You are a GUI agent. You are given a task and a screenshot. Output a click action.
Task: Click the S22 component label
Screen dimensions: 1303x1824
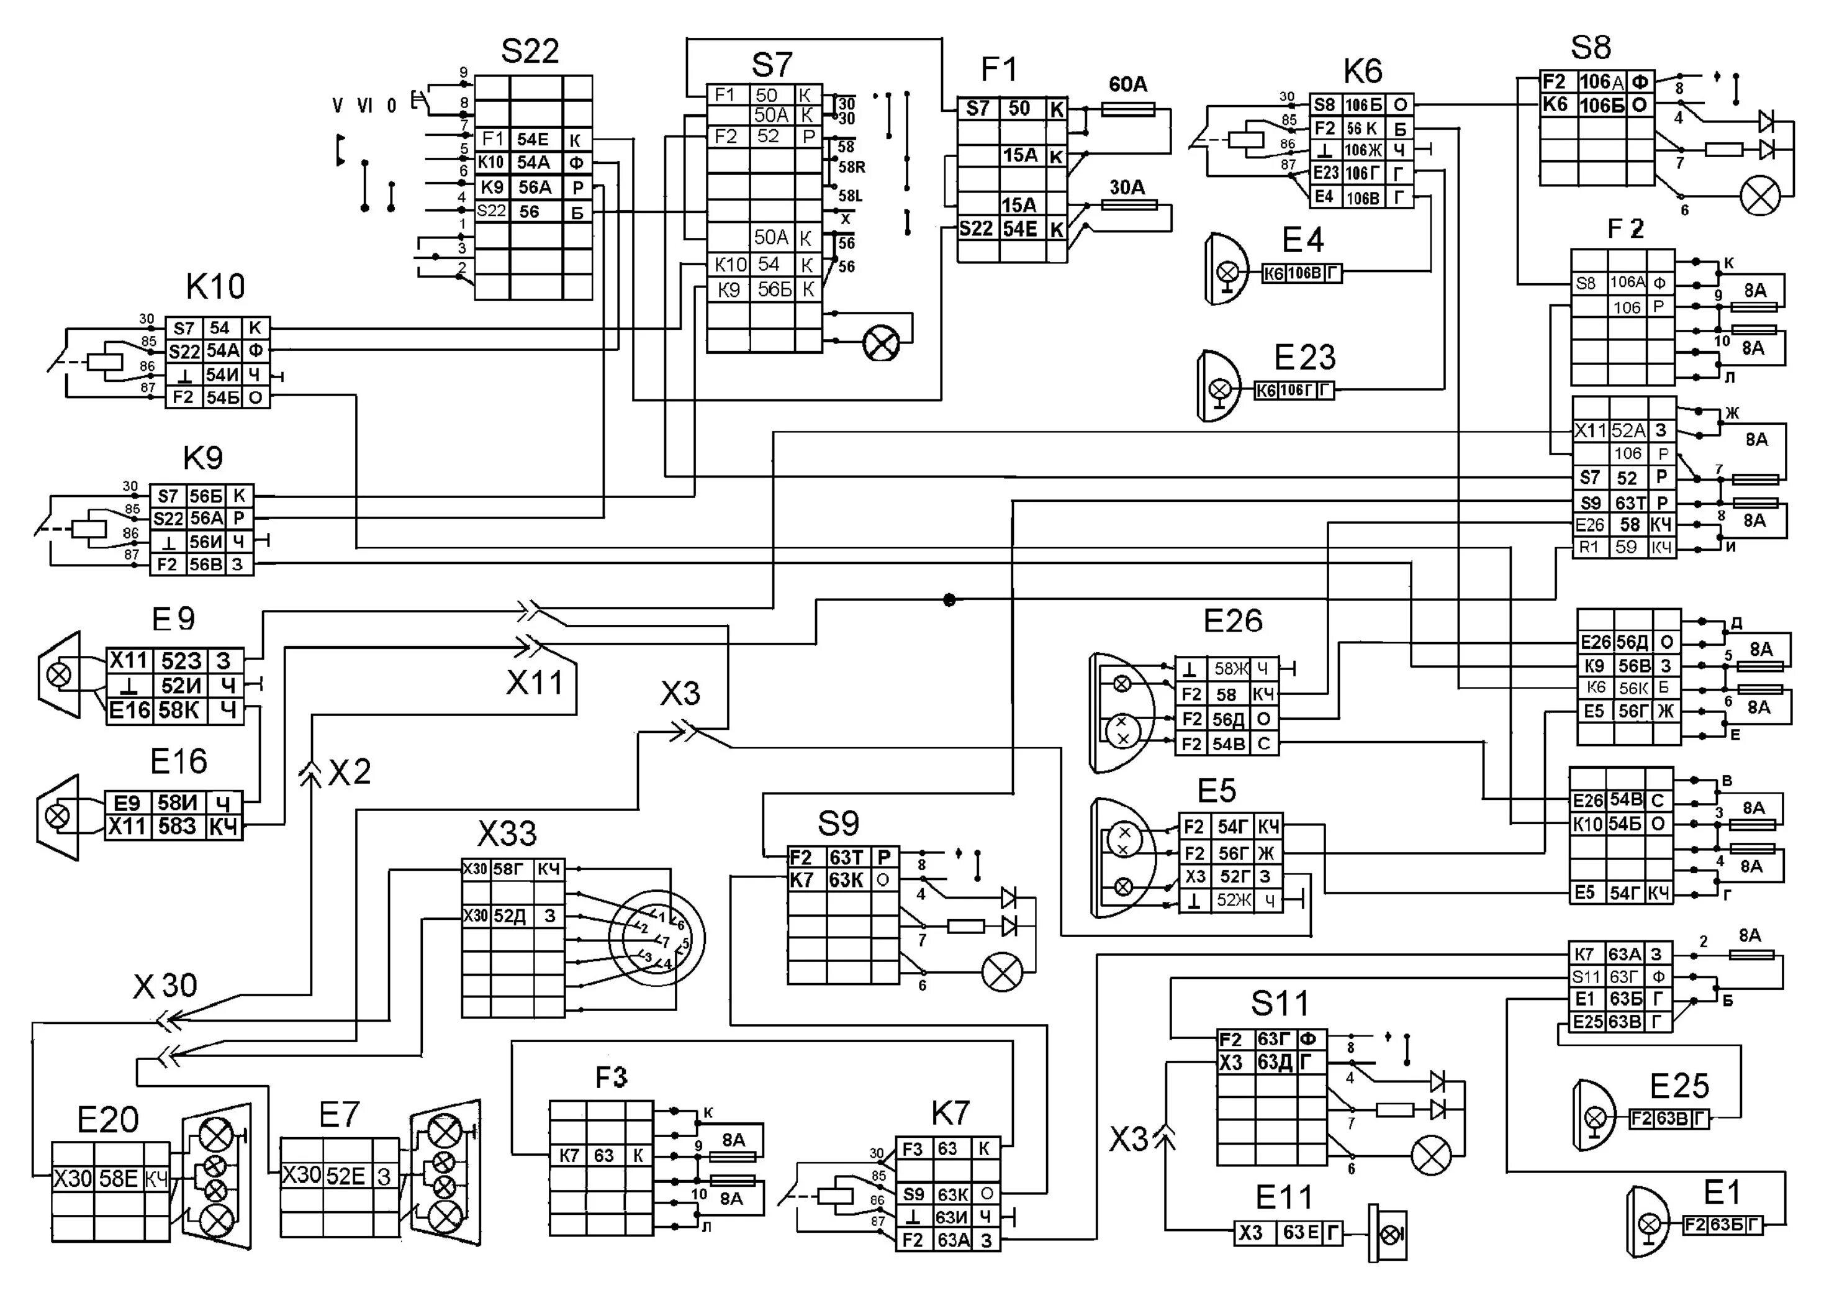click(x=530, y=52)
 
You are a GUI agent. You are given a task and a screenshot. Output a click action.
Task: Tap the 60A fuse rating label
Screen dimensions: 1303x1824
click(x=1128, y=84)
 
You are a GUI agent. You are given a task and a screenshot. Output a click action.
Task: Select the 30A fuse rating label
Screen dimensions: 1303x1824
click(x=1127, y=187)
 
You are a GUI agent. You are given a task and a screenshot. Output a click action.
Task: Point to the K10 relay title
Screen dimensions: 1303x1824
click(x=215, y=286)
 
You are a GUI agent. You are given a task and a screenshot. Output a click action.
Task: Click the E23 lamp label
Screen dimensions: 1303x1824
click(x=1305, y=358)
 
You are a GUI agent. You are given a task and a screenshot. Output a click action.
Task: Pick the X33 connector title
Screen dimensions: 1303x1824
click(x=507, y=835)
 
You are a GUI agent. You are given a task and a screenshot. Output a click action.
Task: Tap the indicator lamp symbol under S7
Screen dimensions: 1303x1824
click(x=881, y=343)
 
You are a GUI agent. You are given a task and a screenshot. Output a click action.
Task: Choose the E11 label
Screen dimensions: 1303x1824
click(x=1283, y=1198)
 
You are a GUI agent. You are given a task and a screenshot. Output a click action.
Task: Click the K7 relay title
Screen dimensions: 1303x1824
click(x=950, y=1113)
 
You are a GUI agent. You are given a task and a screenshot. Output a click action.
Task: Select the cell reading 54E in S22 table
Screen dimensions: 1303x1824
click(x=533, y=140)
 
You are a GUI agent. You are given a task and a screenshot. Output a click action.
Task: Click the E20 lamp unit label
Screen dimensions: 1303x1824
click(x=107, y=1119)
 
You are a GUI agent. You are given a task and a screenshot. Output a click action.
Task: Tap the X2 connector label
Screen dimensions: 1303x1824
click(x=350, y=772)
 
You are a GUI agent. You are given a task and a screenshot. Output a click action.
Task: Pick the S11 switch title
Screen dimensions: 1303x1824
click(x=1280, y=1003)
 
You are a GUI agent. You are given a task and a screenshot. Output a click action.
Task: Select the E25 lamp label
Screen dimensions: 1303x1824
click(x=1679, y=1086)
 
